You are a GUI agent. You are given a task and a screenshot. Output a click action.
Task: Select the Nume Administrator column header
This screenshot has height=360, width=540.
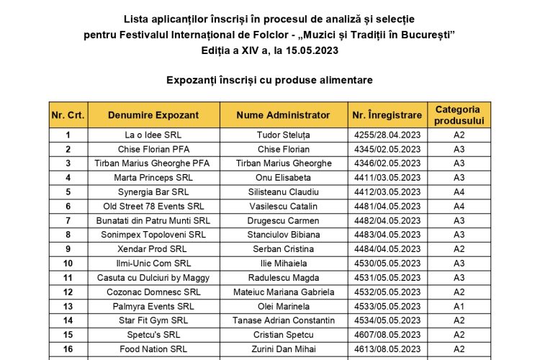pyautogui.click(x=283, y=115)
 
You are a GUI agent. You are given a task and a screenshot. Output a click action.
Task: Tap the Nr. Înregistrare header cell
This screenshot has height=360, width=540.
pyautogui.click(x=387, y=115)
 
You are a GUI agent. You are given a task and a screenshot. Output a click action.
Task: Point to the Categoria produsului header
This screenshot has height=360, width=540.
pyautogui.click(x=459, y=115)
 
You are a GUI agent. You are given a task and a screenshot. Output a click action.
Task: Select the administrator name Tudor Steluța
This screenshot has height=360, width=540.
pyautogui.click(x=283, y=135)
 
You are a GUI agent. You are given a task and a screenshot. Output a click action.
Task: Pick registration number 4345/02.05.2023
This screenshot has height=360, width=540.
pyautogui.click(x=387, y=149)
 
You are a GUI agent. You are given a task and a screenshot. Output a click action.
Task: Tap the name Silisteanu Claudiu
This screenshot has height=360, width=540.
pyautogui.click(x=283, y=192)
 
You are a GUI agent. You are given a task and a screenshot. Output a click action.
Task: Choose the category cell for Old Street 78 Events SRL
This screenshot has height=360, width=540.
pyautogui.click(x=459, y=207)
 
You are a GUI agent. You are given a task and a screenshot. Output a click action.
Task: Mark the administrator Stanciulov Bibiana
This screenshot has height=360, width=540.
pyautogui.click(x=283, y=235)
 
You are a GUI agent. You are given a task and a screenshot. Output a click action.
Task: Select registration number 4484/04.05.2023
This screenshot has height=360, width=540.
pyautogui.click(x=387, y=249)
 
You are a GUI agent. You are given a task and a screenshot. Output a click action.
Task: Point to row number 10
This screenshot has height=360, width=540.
pyautogui.click(x=68, y=264)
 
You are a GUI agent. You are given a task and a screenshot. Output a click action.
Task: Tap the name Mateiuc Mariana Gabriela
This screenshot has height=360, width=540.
pyautogui.click(x=283, y=292)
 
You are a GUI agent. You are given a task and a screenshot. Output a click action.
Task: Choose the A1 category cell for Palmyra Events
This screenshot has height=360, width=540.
pyautogui.click(x=459, y=307)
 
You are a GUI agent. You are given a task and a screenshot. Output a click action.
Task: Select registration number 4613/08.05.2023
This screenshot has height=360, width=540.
pyautogui.click(x=387, y=349)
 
